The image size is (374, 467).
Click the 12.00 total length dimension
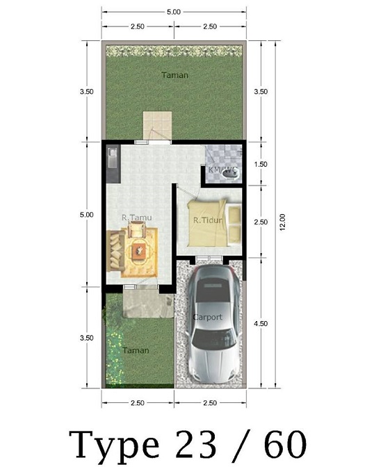pyautogui.click(x=282, y=222)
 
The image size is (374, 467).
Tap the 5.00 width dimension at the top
pyautogui.click(x=174, y=12)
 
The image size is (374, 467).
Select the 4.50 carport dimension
pyautogui.click(x=261, y=323)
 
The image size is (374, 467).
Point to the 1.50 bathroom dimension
pyautogui.click(x=261, y=164)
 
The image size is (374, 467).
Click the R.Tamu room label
pyautogui.click(x=137, y=218)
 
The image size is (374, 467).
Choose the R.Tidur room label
pyautogui.click(x=208, y=220)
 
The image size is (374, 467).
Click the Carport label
pyautogui.click(x=207, y=317)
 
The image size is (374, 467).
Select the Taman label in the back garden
pyautogui.click(x=175, y=75)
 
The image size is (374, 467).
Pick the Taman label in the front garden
pyautogui.click(x=136, y=350)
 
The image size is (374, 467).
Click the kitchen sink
pyautogui.click(x=113, y=157)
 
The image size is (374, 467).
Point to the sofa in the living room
pyautogui.click(x=115, y=250)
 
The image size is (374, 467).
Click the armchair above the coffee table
pyautogui.click(x=137, y=229)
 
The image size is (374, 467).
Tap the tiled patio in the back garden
pyautogui.click(x=158, y=125)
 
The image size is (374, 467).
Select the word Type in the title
pyautogui.click(x=114, y=446)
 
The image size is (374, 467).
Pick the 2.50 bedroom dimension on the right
pyautogui.click(x=261, y=222)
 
